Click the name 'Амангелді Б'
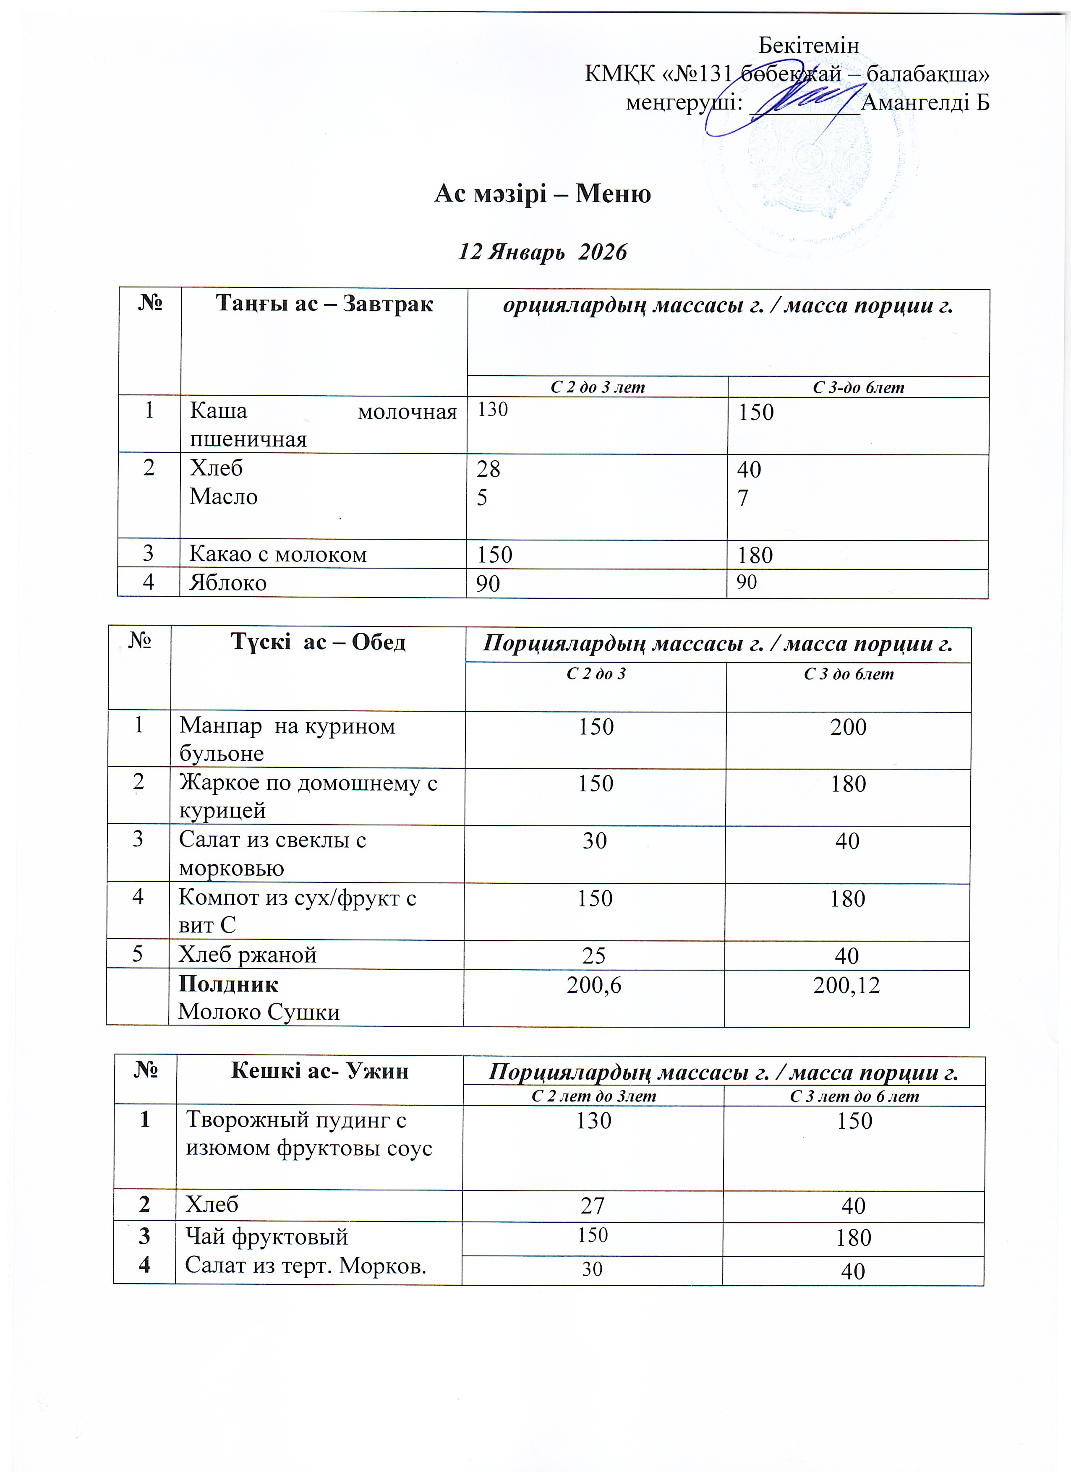[x=925, y=102]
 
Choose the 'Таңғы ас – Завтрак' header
[x=324, y=304]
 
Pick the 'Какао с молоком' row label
[x=278, y=554]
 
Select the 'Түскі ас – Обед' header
[x=318, y=642]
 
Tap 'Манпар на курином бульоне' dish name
[x=287, y=739]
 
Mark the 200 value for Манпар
[x=848, y=727]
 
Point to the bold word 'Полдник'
[x=228, y=984]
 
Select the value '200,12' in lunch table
[x=846, y=985]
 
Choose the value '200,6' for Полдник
[x=594, y=985]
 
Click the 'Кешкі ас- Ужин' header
[x=319, y=1071]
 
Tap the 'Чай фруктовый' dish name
[x=267, y=1237]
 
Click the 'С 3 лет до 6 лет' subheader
[x=854, y=1096]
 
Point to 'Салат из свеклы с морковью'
[x=273, y=853]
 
